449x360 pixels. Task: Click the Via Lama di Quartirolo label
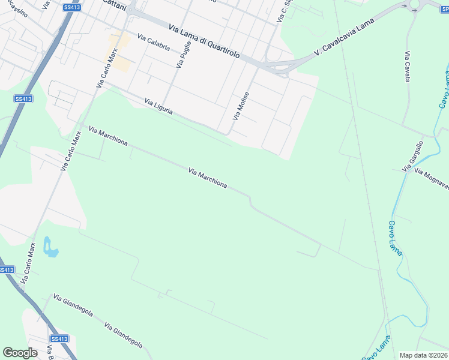click(x=205, y=41)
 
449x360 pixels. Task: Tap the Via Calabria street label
click(x=153, y=42)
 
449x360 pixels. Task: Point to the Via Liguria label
click(x=159, y=107)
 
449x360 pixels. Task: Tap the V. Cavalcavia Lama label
click(x=344, y=37)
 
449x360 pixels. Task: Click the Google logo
click(x=20, y=353)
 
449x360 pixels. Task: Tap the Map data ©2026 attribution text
click(x=424, y=355)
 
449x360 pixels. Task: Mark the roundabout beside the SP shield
click(x=415, y=7)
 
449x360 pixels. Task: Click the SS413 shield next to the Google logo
click(x=59, y=339)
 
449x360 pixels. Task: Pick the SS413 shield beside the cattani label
click(x=71, y=7)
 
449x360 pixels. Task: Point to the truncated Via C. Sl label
click(x=285, y=11)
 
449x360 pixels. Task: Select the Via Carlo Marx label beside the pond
click(x=28, y=263)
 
